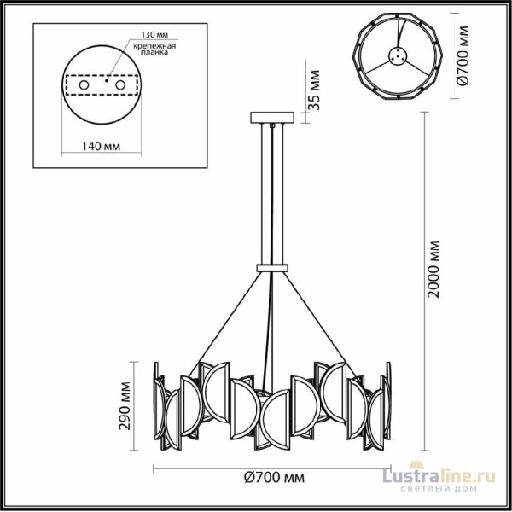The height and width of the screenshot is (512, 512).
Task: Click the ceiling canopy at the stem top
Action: tap(272, 118)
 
